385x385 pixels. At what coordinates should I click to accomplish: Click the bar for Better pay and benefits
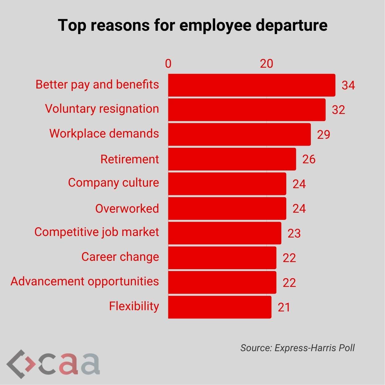tap(251, 85)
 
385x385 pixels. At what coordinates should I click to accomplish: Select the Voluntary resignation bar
tap(247, 110)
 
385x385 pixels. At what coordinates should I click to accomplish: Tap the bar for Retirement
tap(232, 159)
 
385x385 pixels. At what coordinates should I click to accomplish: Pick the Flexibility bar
tap(220, 307)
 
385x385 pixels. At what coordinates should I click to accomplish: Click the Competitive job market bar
tap(224, 233)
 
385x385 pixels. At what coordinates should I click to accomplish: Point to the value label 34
tap(348, 85)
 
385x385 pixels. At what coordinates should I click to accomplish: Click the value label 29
tap(324, 134)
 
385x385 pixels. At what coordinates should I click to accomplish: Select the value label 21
tap(284, 307)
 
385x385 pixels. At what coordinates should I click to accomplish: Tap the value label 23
tap(294, 233)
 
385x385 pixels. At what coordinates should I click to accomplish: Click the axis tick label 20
tap(266, 64)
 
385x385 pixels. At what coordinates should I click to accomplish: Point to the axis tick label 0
tap(168, 64)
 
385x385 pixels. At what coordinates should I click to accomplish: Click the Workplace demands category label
tap(104, 134)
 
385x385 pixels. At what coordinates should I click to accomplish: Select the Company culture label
tap(113, 183)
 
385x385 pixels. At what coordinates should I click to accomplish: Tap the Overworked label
tap(127, 208)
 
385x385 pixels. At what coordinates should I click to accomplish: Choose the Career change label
tap(120, 257)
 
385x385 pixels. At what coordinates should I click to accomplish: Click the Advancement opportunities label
tap(85, 281)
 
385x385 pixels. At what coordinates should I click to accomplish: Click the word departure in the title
tap(292, 25)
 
